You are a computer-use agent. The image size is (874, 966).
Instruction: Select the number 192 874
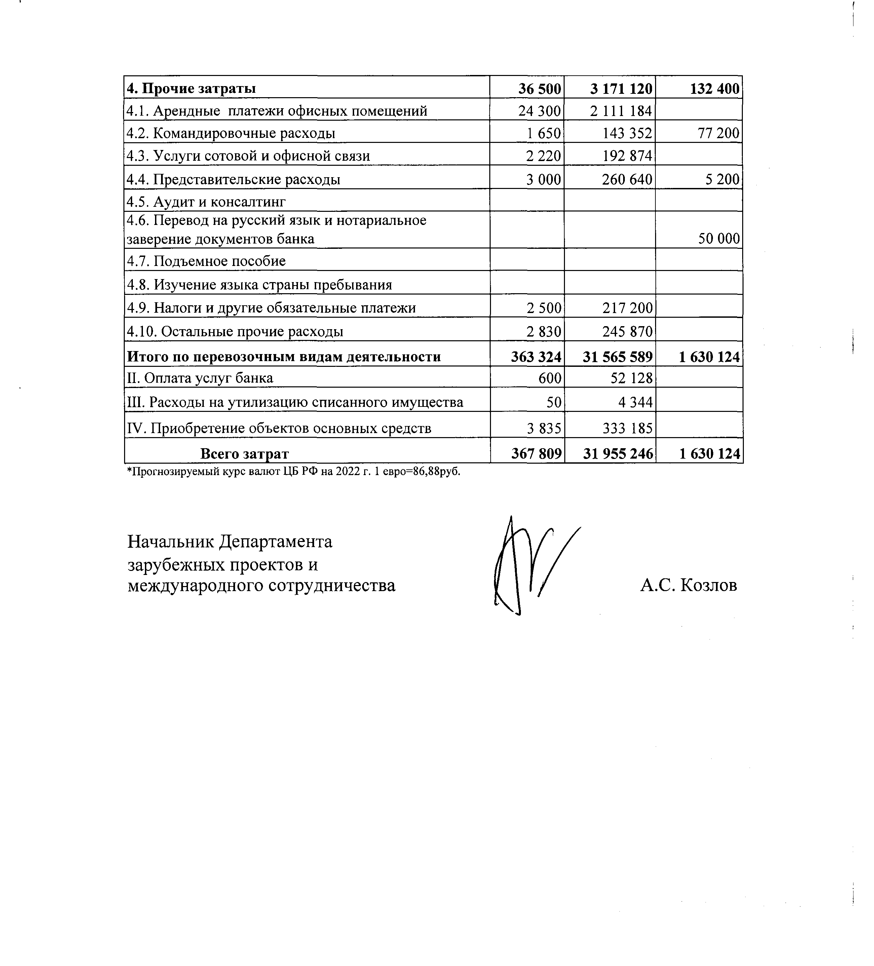click(x=627, y=156)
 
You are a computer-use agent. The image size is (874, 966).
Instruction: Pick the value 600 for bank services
click(x=549, y=378)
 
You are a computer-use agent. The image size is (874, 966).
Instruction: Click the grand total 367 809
click(x=536, y=453)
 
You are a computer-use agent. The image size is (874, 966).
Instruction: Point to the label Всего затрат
click(x=244, y=453)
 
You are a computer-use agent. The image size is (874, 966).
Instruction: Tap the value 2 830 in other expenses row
click(x=543, y=332)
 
